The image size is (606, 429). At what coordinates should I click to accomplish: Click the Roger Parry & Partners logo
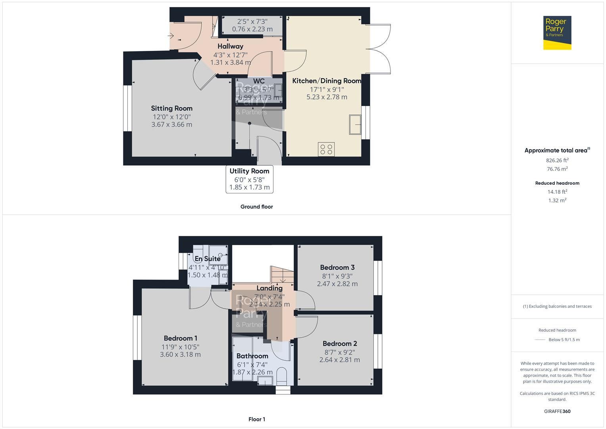(557, 33)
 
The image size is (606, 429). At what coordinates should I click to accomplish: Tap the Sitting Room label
(171, 108)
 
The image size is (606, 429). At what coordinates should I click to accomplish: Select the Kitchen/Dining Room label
(327, 81)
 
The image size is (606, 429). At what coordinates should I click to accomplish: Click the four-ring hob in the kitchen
(326, 149)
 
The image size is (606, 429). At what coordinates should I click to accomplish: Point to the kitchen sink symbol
(355, 125)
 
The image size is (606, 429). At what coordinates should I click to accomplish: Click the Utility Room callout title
(249, 171)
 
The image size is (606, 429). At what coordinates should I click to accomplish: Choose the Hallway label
(230, 46)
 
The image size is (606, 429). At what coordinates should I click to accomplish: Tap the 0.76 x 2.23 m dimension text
(252, 29)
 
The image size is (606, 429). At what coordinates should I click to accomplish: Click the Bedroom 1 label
(181, 338)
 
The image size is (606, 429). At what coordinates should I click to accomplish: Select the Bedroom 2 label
(340, 344)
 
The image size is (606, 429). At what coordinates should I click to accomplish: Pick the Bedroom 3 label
(337, 267)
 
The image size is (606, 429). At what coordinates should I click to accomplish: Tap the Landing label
(269, 288)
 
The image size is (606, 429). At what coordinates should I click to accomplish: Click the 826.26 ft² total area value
(557, 160)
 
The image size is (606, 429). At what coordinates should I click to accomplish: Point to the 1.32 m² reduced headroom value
(557, 201)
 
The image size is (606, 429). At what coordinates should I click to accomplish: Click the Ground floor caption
(257, 207)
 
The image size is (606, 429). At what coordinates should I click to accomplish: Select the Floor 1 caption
(257, 419)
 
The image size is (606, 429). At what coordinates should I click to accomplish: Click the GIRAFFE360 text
(557, 411)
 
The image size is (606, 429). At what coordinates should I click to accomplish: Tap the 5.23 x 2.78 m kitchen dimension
(327, 97)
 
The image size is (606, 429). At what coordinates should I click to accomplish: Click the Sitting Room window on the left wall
(127, 108)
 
